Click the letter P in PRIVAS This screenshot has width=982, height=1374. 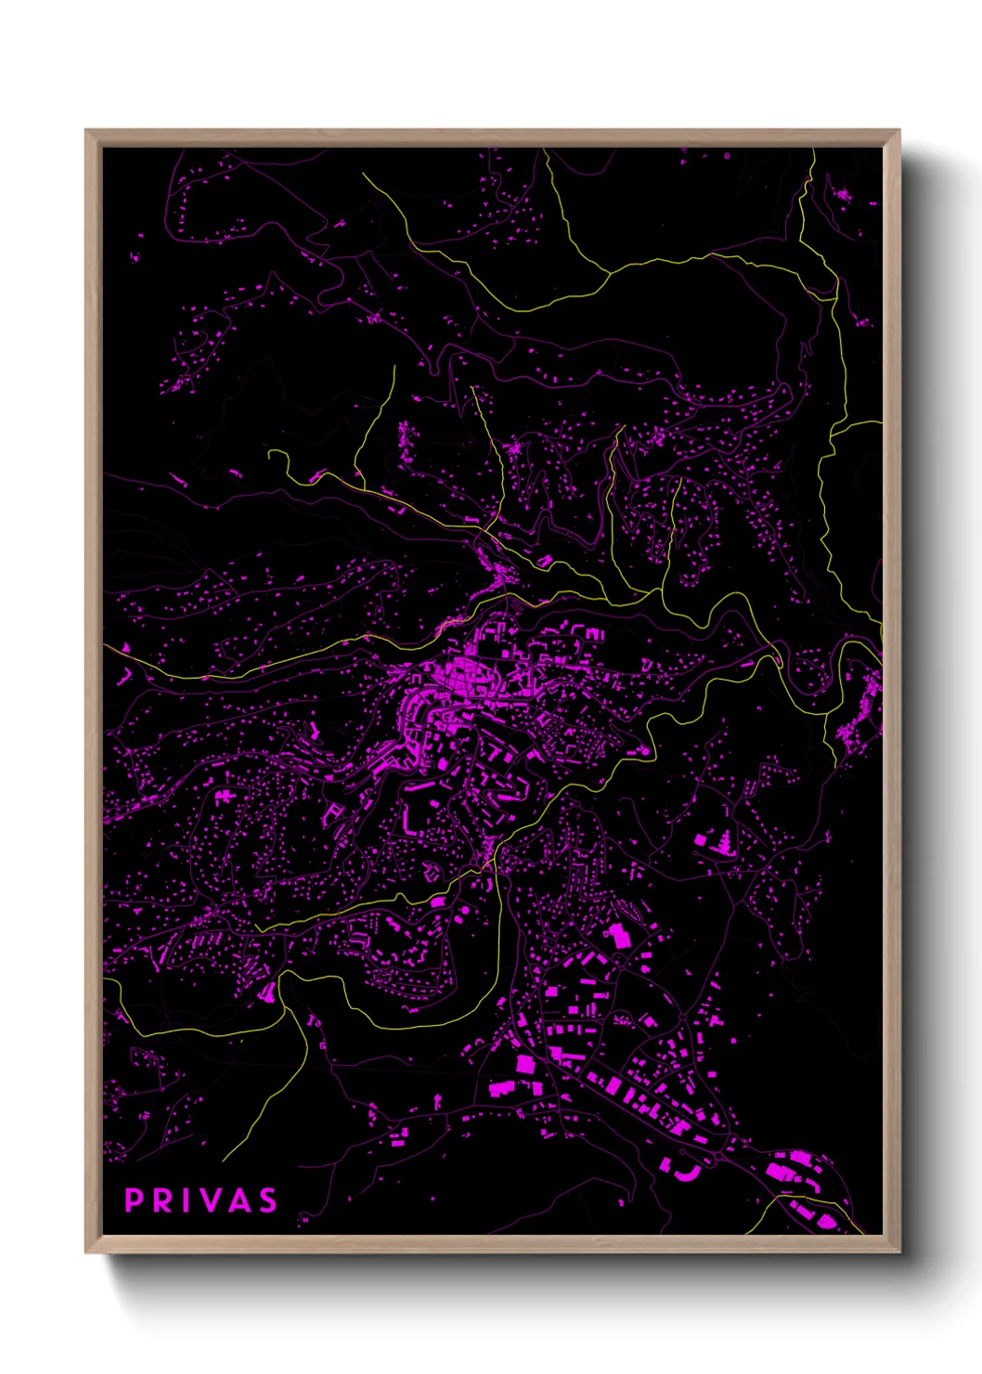[133, 1200]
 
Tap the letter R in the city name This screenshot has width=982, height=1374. [162, 1200]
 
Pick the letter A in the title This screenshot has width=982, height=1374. [239, 1200]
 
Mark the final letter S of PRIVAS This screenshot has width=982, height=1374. [267, 1200]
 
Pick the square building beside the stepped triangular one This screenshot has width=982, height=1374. [701, 840]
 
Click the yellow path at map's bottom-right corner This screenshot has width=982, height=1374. [817, 1207]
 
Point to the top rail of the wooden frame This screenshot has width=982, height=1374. [492, 136]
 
